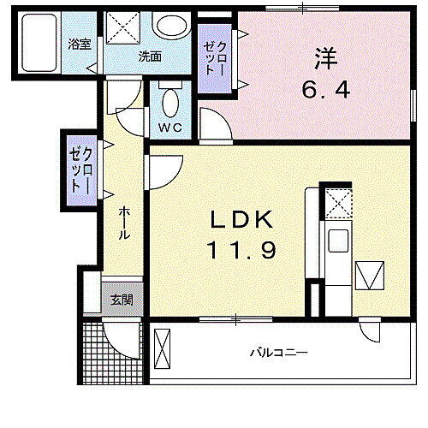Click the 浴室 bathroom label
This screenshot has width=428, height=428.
80,45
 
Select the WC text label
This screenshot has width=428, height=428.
168,128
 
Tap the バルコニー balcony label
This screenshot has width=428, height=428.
278,352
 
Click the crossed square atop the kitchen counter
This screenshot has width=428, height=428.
336,203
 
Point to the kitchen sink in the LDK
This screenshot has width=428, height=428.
336,242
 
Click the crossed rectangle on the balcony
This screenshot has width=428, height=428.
163,350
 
